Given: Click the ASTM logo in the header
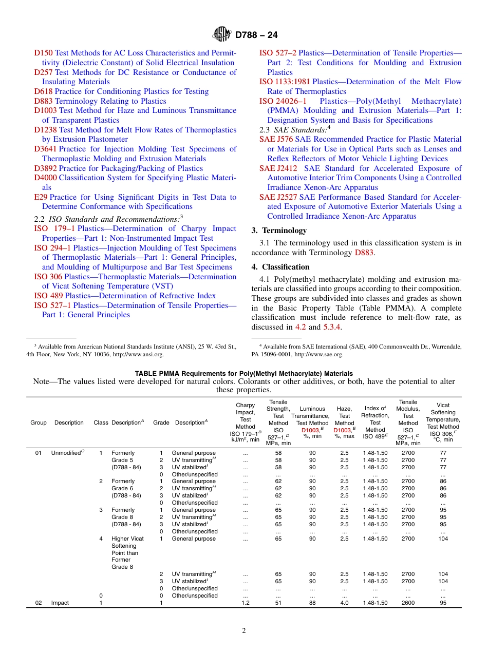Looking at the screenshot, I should tap(222, 35).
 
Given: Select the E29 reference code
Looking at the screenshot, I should tap(41, 197).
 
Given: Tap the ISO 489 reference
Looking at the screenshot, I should tap(48, 296).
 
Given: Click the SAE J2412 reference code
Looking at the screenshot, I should tap(275, 168).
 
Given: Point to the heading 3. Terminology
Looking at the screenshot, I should tap(279, 231).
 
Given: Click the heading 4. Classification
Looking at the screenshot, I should tap(280, 267).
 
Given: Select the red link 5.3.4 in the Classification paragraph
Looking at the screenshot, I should tap(332, 327).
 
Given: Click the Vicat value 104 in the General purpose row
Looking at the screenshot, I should tap(443, 539).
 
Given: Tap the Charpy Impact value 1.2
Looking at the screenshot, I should tap(246, 603).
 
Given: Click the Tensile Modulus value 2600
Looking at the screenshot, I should tap(408, 603).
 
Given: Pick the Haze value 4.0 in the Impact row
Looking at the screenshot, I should tap(344, 603).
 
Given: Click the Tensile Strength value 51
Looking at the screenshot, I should tap(278, 603).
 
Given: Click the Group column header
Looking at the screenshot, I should tap(39, 422).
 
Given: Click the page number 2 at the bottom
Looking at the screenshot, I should tap(244, 631).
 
